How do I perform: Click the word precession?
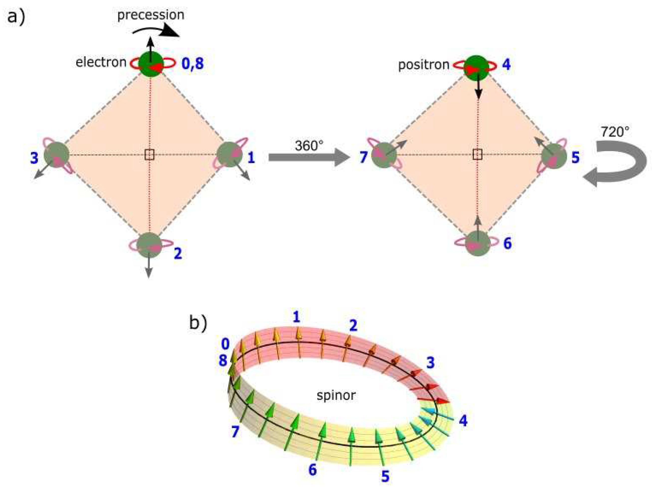(151, 15)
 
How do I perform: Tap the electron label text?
(101, 62)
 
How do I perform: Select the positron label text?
(424, 65)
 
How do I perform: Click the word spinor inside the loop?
(336, 395)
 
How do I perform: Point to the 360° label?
(309, 146)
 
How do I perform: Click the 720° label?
(615, 132)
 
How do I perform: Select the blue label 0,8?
(192, 64)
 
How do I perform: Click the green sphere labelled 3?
(56, 154)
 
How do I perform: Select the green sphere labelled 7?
(383, 155)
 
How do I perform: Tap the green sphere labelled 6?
(477, 243)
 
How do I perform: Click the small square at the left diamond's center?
(149, 154)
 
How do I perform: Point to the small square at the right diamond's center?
(477, 154)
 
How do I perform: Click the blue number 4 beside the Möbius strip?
(463, 421)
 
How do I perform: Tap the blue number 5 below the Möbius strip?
(385, 476)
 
